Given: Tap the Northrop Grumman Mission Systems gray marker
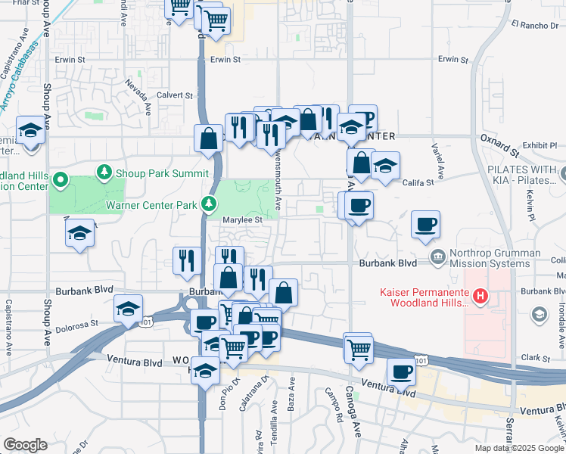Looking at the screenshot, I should click(437, 258).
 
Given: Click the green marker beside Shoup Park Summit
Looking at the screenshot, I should click(104, 173).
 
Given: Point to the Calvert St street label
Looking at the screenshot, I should click(175, 95).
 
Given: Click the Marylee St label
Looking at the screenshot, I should click(241, 220).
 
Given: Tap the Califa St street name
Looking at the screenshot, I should click(418, 182).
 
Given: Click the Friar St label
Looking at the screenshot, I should click(25, 3).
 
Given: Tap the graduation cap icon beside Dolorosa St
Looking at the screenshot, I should click(129, 309).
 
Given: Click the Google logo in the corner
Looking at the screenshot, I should click(25, 445).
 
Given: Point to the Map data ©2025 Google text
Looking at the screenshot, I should click(520, 448).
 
